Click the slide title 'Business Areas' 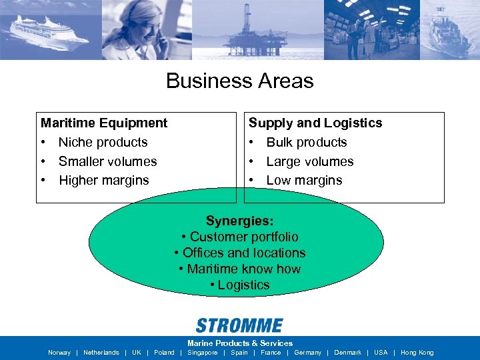tap(239, 81)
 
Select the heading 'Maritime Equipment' tap(104, 123)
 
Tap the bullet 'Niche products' tap(103, 142)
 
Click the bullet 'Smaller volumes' tap(107, 161)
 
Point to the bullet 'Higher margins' tap(103, 180)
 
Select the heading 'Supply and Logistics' tap(315, 123)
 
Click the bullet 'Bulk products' tap(306, 142)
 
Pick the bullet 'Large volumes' tap(309, 161)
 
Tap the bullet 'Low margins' tap(304, 180)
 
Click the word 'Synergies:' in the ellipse tap(239, 221)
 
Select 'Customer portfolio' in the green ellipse tap(243, 237)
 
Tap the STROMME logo tap(239, 325)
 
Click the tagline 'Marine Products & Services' tap(239, 343)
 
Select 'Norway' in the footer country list tap(59, 353)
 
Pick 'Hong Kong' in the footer tap(417, 353)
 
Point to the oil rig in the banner tap(247, 27)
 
